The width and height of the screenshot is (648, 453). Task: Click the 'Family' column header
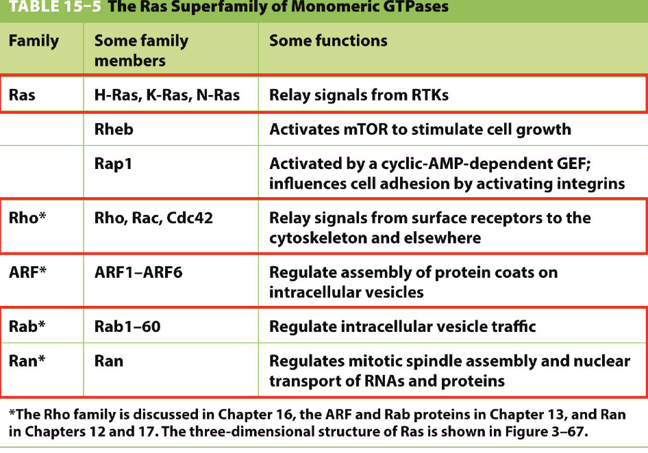pos(34,41)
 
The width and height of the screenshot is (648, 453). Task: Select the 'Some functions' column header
pos(328,40)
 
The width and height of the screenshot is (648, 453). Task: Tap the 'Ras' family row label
pos(22,95)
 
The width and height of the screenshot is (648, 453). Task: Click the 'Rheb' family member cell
pos(114,129)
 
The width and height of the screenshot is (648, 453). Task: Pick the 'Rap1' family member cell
pos(113,164)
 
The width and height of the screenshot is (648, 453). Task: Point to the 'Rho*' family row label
pos(27,218)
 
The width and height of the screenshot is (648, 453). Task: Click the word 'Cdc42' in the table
pos(190,218)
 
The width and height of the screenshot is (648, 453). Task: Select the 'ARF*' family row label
pos(27,272)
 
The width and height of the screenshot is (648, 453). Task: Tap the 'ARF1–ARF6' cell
pos(138,272)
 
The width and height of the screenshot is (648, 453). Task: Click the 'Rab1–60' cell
pos(127,326)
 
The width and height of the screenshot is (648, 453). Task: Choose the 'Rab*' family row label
pos(27,326)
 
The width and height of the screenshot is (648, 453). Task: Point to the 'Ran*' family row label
pos(27,361)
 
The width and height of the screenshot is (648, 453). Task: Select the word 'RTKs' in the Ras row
pos(429,95)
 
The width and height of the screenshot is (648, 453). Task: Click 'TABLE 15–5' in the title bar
pos(55,6)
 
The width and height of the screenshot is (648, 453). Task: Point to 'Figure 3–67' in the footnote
pos(553,432)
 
